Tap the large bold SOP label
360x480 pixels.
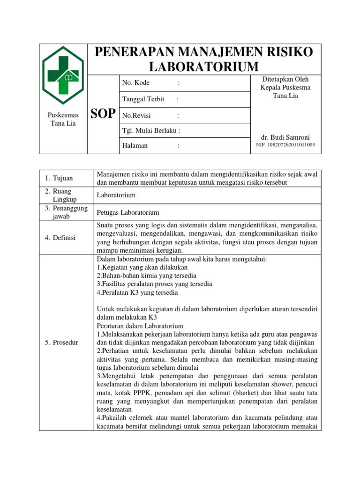click(x=102, y=114)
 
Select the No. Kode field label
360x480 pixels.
click(x=136, y=83)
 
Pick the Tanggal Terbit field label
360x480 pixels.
click(x=143, y=99)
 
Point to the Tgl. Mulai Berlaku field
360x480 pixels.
click(x=151, y=130)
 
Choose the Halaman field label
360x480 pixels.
click(x=135, y=146)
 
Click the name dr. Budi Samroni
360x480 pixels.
click(x=285, y=137)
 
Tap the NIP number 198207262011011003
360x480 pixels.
click(x=285, y=145)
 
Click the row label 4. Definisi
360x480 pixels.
click(x=60, y=238)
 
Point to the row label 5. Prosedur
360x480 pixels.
click(x=61, y=343)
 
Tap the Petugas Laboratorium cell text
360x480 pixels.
click(x=128, y=212)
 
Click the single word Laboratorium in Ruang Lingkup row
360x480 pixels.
click(x=116, y=195)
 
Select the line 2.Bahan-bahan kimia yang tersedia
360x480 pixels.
click(x=146, y=276)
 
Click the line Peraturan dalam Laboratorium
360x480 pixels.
click(x=140, y=326)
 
